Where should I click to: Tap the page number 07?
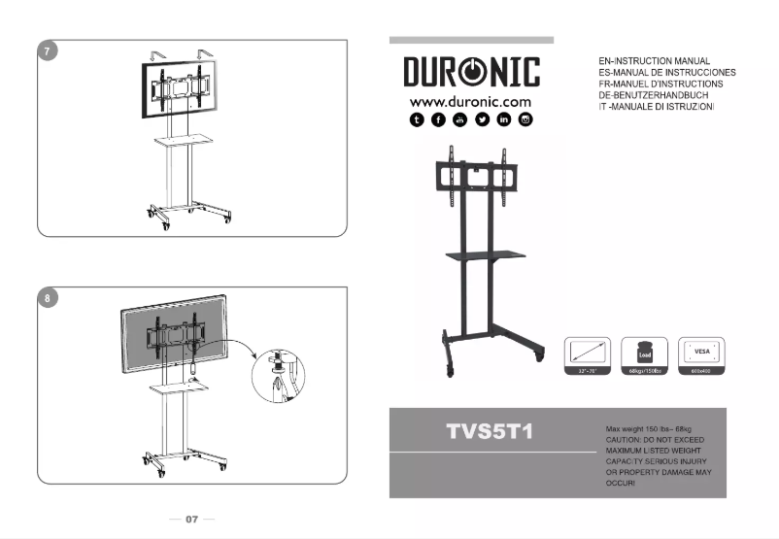[x=192, y=520]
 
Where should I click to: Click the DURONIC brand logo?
[x=471, y=72]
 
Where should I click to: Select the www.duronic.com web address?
[x=470, y=101]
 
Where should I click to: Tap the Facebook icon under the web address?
[x=438, y=119]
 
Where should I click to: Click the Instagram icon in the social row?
[x=525, y=119]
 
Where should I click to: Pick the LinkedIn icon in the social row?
[x=503, y=119]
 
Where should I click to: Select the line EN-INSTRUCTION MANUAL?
[x=656, y=61]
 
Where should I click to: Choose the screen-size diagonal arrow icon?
[x=589, y=351]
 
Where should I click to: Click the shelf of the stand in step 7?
[x=182, y=140]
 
